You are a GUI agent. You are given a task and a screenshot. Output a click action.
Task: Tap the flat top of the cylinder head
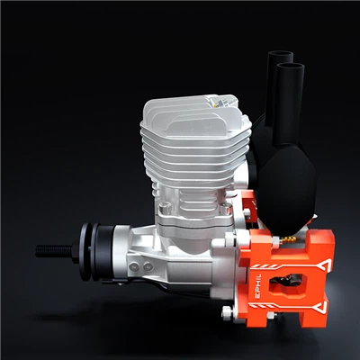point(184,108)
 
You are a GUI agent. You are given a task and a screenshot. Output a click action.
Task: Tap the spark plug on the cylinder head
point(217,101)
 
